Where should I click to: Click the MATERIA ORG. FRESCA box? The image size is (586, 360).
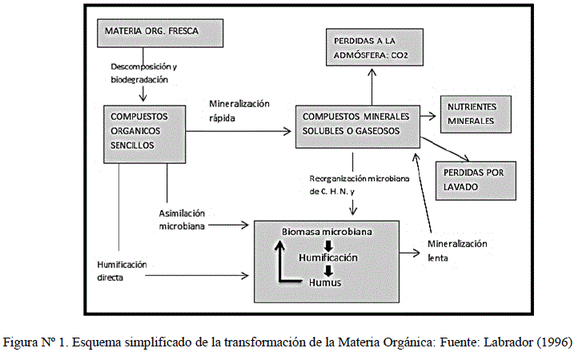coord(150,32)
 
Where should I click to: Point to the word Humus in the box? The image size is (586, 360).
coord(327,283)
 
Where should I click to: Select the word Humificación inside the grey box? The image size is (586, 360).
coord(328,258)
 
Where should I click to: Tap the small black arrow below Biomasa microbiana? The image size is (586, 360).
coord(327,244)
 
